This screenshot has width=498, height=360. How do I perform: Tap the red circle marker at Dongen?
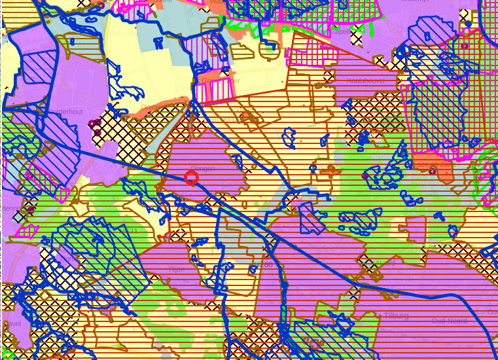pyautogui.click(x=192, y=178)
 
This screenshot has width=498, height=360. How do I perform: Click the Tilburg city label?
pyautogui.click(x=397, y=315)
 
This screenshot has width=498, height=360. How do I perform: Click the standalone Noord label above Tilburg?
pyautogui.click(x=385, y=264)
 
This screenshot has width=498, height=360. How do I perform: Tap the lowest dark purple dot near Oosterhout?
pyautogui.click(x=98, y=133)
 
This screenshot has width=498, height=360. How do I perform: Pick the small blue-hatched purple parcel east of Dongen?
pyautogui.click(x=311, y=218)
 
